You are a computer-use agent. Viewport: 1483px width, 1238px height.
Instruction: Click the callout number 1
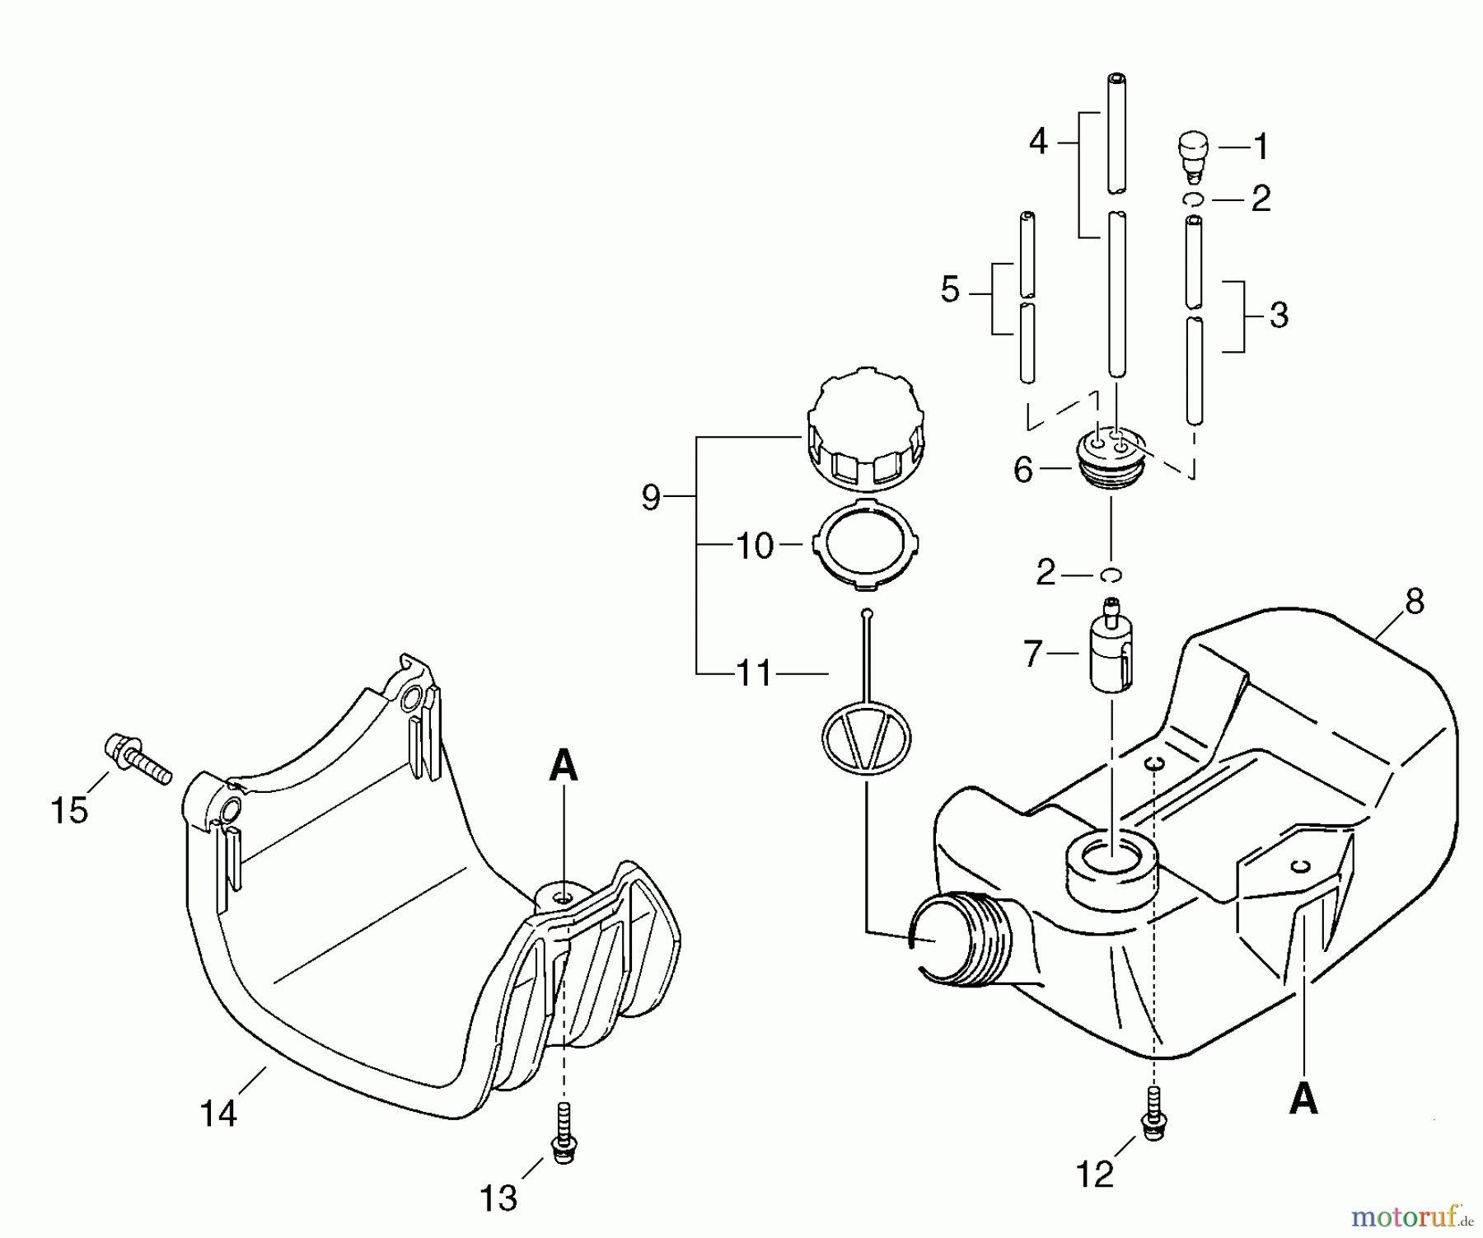point(1260,147)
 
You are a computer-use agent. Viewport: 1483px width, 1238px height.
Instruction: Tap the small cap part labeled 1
point(1191,153)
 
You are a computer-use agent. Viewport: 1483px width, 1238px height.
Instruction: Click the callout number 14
point(218,1114)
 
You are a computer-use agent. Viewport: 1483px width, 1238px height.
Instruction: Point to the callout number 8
point(1414,603)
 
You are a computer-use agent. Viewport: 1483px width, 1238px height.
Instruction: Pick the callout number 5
point(950,290)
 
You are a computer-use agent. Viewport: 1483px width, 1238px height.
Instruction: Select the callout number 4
point(1038,142)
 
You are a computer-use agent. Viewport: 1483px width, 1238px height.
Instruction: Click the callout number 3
point(1279,315)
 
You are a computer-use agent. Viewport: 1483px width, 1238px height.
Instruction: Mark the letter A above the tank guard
point(564,767)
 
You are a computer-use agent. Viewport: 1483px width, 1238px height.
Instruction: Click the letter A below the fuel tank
point(1303,1100)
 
